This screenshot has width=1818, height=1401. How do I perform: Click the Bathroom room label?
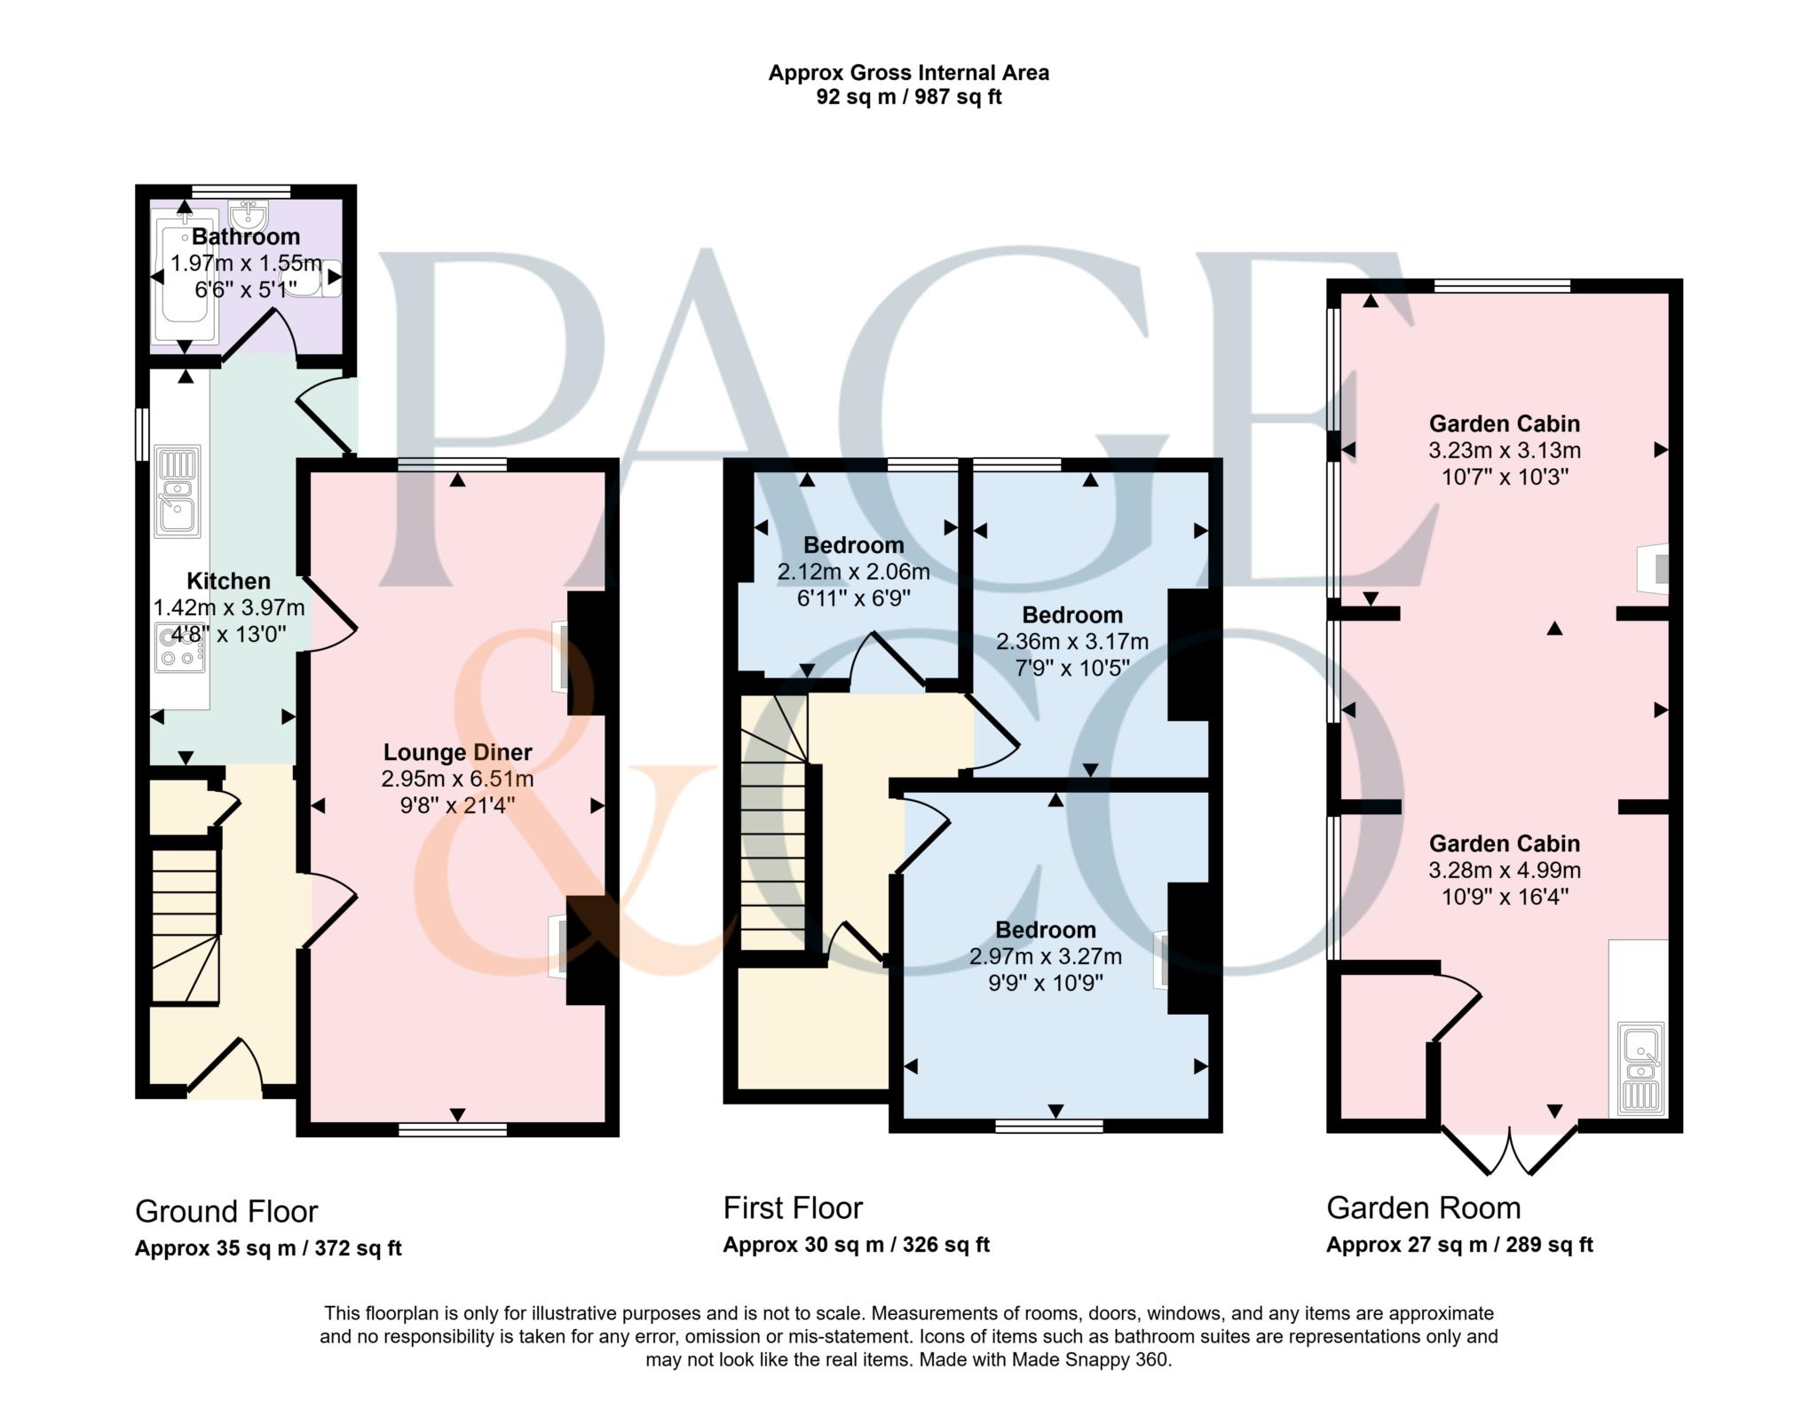[x=246, y=237]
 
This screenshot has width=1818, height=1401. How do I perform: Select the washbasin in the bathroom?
[x=249, y=215]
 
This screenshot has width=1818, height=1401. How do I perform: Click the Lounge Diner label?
[x=458, y=752]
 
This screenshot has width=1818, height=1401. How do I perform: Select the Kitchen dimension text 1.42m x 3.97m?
[x=229, y=608]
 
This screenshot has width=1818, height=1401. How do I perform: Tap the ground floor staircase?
[x=185, y=926]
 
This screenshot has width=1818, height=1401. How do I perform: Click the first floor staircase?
[x=774, y=821]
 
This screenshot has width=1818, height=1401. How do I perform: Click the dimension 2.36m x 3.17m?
[x=1072, y=641]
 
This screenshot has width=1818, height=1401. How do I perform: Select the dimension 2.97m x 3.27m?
[x=1046, y=956]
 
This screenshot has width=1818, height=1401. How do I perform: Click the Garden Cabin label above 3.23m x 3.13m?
[x=1505, y=423]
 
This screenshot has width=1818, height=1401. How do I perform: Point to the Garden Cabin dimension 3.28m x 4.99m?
[x=1505, y=870]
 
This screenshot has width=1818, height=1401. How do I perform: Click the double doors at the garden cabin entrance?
[x=1509, y=1151]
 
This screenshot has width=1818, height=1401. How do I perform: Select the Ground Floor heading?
[x=226, y=1211]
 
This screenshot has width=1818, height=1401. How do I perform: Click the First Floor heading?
[x=793, y=1207]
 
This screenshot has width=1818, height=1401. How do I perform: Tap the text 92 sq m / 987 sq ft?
[x=909, y=97]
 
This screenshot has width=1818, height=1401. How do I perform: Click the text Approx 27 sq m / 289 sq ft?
[x=1459, y=1245]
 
